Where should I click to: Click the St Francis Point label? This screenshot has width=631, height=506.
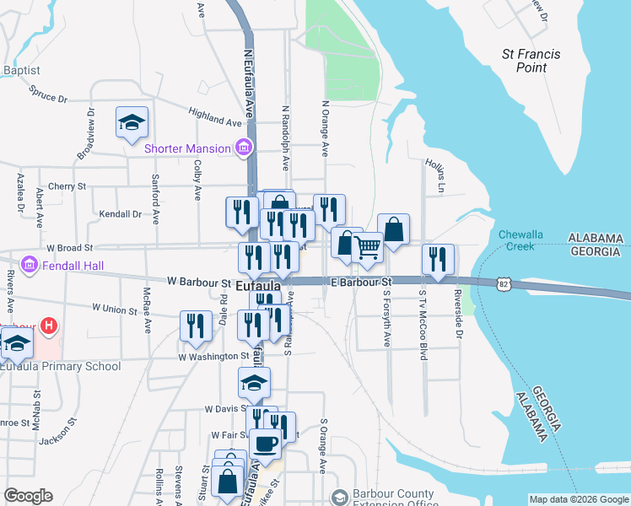[x=531, y=61]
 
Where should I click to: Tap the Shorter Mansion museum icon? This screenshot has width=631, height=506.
[x=244, y=148]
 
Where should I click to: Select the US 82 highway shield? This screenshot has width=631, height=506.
[x=504, y=285]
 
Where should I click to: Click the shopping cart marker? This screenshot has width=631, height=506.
[x=368, y=247]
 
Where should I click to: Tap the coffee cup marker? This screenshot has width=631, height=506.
[x=265, y=444]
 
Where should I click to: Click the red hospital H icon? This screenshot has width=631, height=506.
[x=49, y=325]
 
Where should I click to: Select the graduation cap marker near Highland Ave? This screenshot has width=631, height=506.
[x=132, y=123]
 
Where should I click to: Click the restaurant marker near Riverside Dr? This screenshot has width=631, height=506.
[x=438, y=259]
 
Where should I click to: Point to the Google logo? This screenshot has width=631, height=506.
[x=28, y=496]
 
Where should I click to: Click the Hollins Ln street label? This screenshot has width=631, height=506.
[x=439, y=172]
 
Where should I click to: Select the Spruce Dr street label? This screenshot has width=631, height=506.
[x=47, y=93]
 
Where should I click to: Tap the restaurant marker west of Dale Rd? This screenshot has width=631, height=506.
[x=196, y=326]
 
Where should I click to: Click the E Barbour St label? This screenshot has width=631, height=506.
[x=362, y=281]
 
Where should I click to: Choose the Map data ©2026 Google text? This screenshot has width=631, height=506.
[x=578, y=499]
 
